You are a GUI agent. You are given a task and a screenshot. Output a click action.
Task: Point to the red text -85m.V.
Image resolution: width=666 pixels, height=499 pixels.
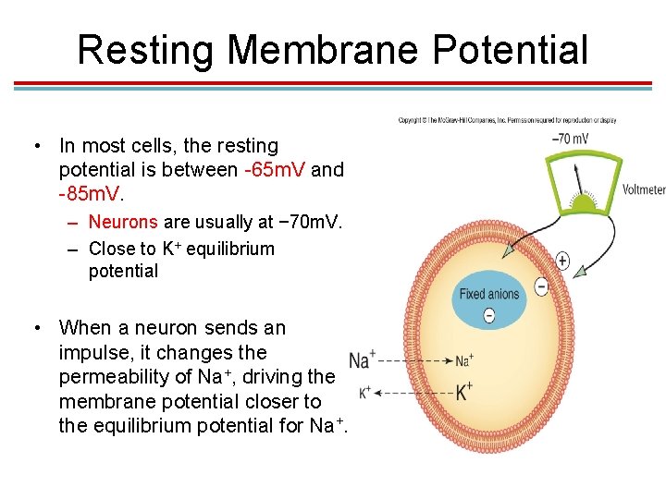(90, 195)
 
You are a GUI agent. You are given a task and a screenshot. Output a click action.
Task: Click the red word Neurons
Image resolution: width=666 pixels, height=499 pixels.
(123, 222)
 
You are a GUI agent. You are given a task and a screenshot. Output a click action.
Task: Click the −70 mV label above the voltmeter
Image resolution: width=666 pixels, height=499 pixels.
(571, 140)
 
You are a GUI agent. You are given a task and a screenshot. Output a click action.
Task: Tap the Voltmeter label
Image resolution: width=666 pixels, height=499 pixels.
(644, 190)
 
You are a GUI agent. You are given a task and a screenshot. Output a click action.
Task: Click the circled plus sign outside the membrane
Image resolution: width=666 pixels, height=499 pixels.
(562, 262)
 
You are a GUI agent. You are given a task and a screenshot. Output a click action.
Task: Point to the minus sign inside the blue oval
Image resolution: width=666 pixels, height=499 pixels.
(489, 315)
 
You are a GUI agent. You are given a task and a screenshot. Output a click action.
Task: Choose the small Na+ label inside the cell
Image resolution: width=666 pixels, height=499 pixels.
(464, 359)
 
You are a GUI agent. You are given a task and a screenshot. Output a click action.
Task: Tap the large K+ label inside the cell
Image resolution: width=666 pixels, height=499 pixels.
(464, 392)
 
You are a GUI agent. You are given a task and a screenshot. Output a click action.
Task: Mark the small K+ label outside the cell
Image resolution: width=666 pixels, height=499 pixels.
(364, 392)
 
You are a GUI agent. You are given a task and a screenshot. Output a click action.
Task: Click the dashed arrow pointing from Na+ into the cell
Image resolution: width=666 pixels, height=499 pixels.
(416, 360)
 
